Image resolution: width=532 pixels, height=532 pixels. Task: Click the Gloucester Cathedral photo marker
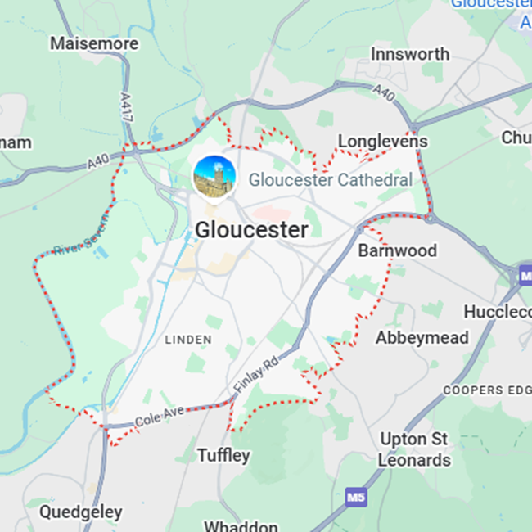click(x=214, y=177)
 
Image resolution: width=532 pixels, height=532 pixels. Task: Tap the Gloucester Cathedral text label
click(x=330, y=179)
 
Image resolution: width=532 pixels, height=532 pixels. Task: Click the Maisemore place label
click(x=83, y=43)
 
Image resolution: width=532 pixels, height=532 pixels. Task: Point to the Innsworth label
click(x=410, y=54)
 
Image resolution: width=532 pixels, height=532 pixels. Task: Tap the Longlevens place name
click(x=383, y=142)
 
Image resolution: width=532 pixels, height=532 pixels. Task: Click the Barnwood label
click(x=398, y=250)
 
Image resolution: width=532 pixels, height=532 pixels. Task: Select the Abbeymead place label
click(x=422, y=337)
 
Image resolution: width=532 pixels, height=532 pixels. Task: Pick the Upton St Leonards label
click(x=414, y=449)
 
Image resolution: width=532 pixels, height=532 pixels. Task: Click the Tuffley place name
click(x=223, y=455)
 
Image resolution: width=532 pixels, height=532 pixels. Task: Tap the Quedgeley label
click(x=81, y=512)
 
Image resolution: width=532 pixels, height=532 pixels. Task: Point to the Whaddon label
click(x=241, y=526)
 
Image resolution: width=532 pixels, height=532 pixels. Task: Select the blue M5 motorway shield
click(x=355, y=497)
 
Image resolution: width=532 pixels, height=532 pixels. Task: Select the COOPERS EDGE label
click(x=486, y=390)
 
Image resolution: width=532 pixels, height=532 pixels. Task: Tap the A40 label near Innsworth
click(x=383, y=93)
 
